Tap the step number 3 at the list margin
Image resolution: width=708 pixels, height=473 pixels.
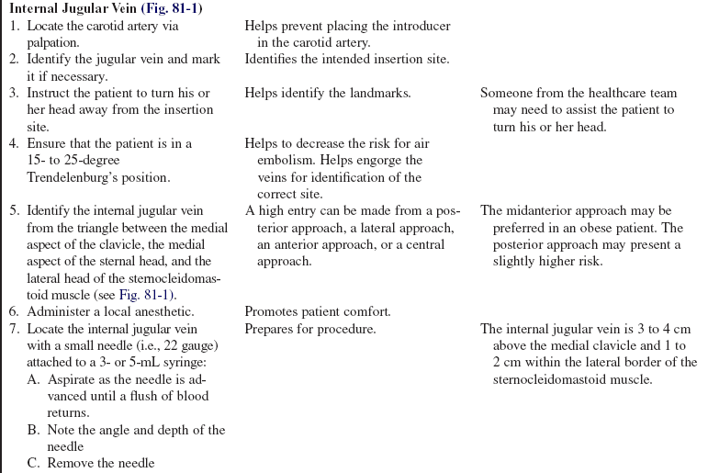pyautogui.click(x=14, y=93)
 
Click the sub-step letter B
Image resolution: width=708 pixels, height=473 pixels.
pyautogui.click(x=33, y=430)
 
